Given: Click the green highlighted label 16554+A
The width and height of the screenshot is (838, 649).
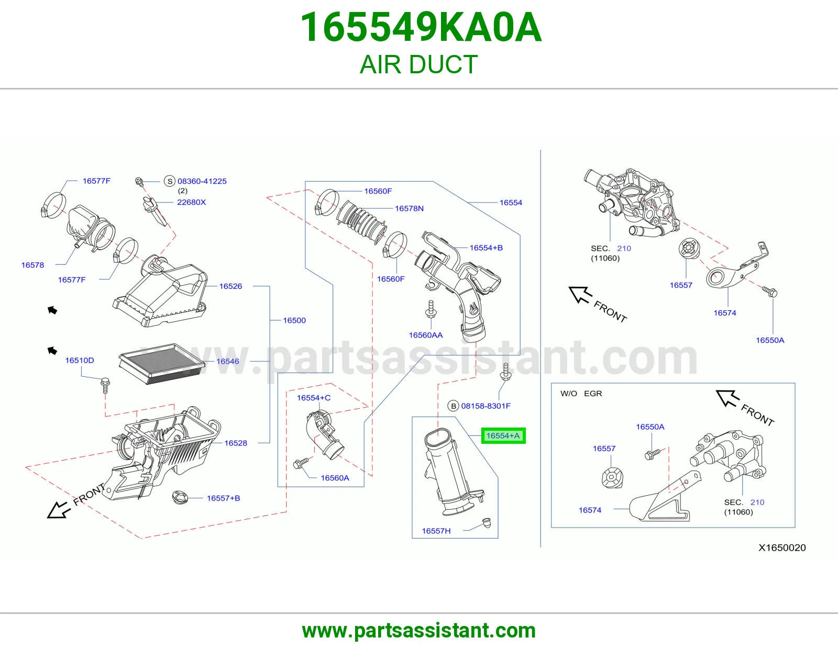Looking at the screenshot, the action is point(503,435).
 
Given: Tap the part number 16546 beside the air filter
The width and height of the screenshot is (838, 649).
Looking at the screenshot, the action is point(227,361).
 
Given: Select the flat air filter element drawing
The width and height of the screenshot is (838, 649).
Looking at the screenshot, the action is point(162,363).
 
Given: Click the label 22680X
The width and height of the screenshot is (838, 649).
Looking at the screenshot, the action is point(191,202).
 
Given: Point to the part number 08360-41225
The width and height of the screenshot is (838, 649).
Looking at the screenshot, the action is point(202,181).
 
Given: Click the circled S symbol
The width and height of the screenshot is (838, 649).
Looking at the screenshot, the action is point(170,181).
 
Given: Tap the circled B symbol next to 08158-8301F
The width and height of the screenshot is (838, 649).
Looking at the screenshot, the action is point(453,406).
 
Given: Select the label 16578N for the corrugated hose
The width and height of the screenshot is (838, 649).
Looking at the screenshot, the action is point(409,208).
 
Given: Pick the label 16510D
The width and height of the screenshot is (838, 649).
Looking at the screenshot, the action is point(80,360).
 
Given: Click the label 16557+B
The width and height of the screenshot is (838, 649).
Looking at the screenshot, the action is point(223,498).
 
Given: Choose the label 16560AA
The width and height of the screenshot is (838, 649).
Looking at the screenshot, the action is point(426,335).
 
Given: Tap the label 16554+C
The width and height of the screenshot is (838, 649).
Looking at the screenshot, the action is point(314,398).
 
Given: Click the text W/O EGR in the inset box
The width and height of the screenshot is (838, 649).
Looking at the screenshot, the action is point(581,394).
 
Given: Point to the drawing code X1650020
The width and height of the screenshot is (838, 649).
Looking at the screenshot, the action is point(782,547).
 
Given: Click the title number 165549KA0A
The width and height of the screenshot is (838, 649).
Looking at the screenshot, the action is point(421,27).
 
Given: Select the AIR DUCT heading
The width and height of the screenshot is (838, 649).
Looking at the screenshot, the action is point(419,64).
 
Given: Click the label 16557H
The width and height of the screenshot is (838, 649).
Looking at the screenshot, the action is point(436,531).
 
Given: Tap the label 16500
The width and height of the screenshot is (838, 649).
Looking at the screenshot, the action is point(294,320).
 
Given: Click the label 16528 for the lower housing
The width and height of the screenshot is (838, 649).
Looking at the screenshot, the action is point(236,443).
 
